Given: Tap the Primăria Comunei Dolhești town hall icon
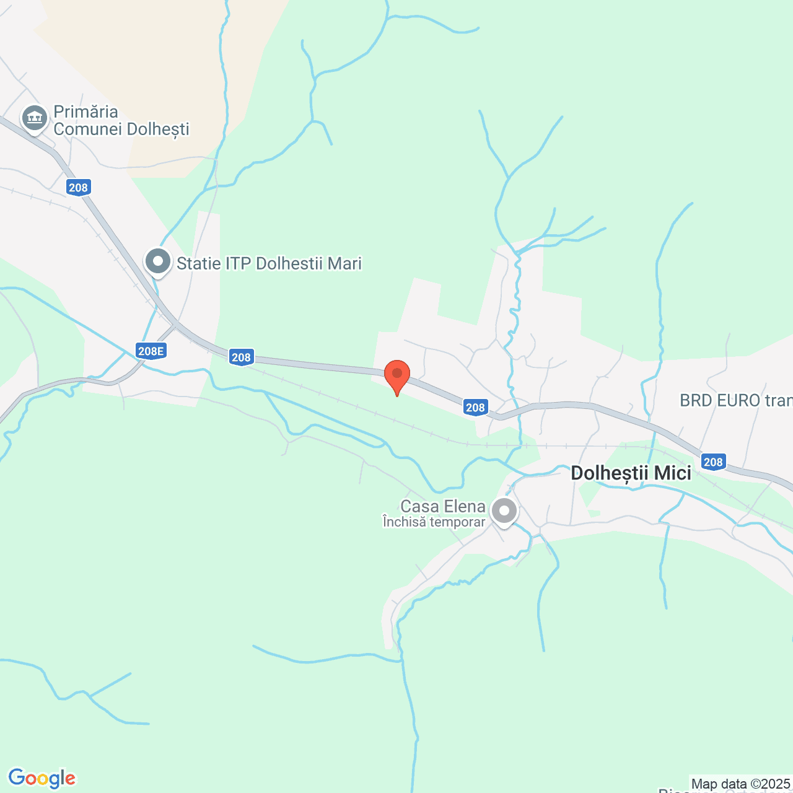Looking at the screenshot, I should click(35, 118).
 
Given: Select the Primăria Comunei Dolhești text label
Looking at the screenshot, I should click(121, 120).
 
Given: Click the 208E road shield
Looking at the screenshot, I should click(151, 352).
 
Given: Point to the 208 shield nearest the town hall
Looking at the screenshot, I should click(79, 188).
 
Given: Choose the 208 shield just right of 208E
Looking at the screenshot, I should click(241, 357).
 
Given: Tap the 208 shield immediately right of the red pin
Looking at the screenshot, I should click(475, 407).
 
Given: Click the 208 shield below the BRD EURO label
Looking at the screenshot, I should click(713, 462).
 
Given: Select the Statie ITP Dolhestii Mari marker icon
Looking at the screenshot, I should click(158, 262).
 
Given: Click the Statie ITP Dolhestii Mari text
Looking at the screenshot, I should click(269, 263).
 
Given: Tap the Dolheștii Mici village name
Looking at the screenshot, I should click(631, 473).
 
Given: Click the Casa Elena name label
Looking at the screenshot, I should click(442, 506).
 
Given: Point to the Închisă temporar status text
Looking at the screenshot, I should click(434, 522).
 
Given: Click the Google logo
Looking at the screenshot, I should click(42, 778).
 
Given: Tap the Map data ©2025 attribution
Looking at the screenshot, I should click(740, 784).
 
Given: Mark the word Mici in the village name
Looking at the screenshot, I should click(672, 473).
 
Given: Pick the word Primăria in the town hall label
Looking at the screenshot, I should click(85, 112).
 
